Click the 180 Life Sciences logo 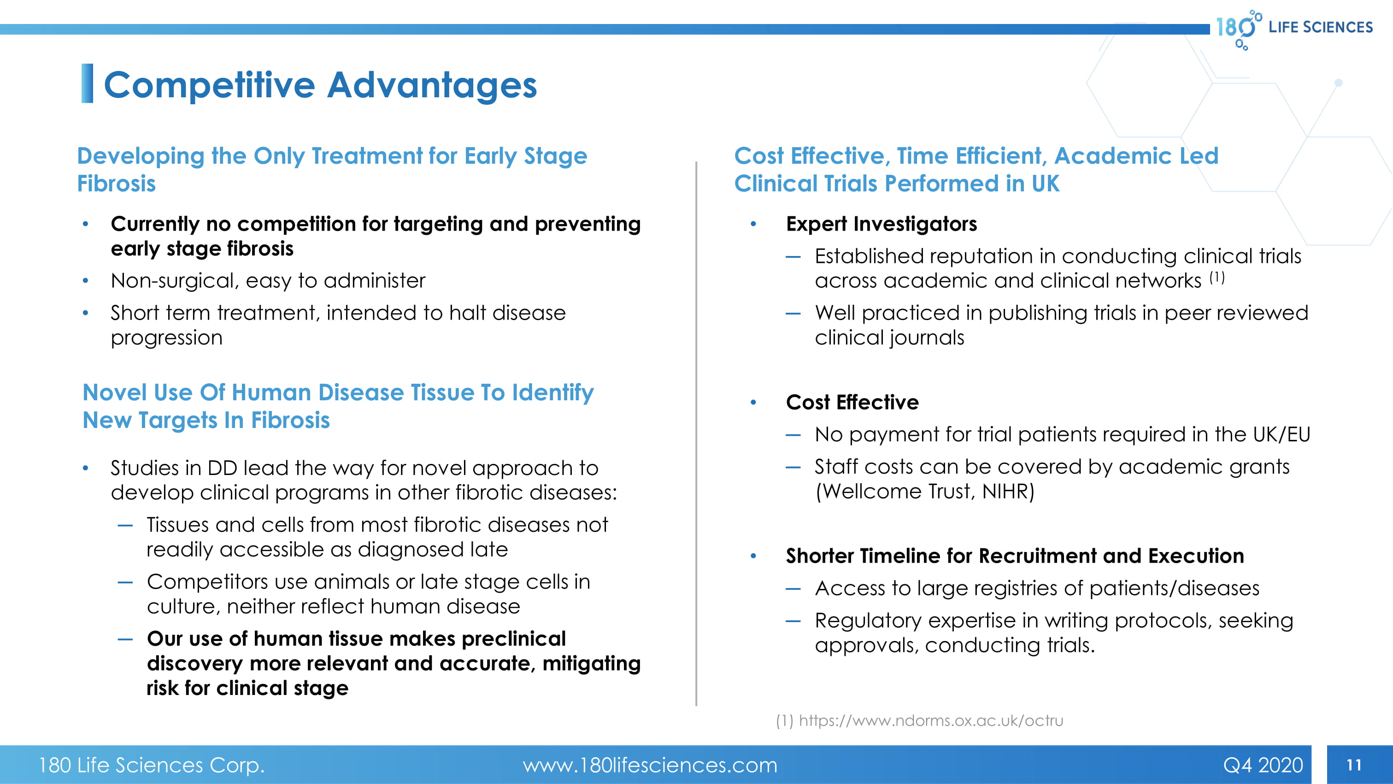[1293, 28]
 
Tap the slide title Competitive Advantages [320, 85]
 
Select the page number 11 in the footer [1354, 765]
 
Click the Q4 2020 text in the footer [1263, 765]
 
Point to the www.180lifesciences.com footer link [649, 765]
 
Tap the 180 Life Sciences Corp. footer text [152, 765]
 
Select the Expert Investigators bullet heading [882, 224]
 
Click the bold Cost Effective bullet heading [852, 402]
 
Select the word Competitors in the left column [207, 582]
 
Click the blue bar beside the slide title [87, 83]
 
